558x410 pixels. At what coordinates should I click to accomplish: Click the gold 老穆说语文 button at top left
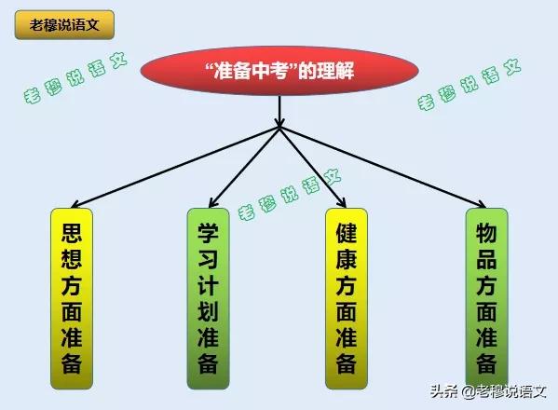pos(64,24)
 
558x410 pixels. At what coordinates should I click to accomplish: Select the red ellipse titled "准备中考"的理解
pos(279,71)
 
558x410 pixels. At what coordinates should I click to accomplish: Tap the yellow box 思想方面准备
pos(72,298)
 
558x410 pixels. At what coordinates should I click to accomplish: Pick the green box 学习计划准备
pos(208,298)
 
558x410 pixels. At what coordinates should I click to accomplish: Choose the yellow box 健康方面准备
pos(347,298)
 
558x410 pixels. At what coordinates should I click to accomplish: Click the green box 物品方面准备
pos(486,297)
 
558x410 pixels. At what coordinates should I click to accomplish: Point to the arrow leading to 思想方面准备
pos(175,167)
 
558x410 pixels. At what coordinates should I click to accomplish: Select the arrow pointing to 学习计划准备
pos(244,167)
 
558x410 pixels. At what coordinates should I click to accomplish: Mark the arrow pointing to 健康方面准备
pos(313,167)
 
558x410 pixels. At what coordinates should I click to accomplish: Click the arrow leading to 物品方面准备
pos(383,167)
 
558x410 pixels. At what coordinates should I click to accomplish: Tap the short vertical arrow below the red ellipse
pos(279,111)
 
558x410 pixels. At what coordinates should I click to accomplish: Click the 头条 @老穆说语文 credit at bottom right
pos(488,391)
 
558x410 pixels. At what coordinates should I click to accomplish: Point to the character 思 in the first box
pos(72,233)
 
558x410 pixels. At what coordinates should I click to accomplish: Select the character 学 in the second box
pos(208,233)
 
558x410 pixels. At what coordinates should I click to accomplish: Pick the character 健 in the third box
pos(347,233)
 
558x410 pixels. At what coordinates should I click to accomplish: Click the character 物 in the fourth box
pos(486,233)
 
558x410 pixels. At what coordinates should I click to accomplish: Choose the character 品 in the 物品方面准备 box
pos(486,259)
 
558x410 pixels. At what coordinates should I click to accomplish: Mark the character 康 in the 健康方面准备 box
pos(347,259)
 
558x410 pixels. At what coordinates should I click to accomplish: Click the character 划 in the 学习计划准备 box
pos(208,310)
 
